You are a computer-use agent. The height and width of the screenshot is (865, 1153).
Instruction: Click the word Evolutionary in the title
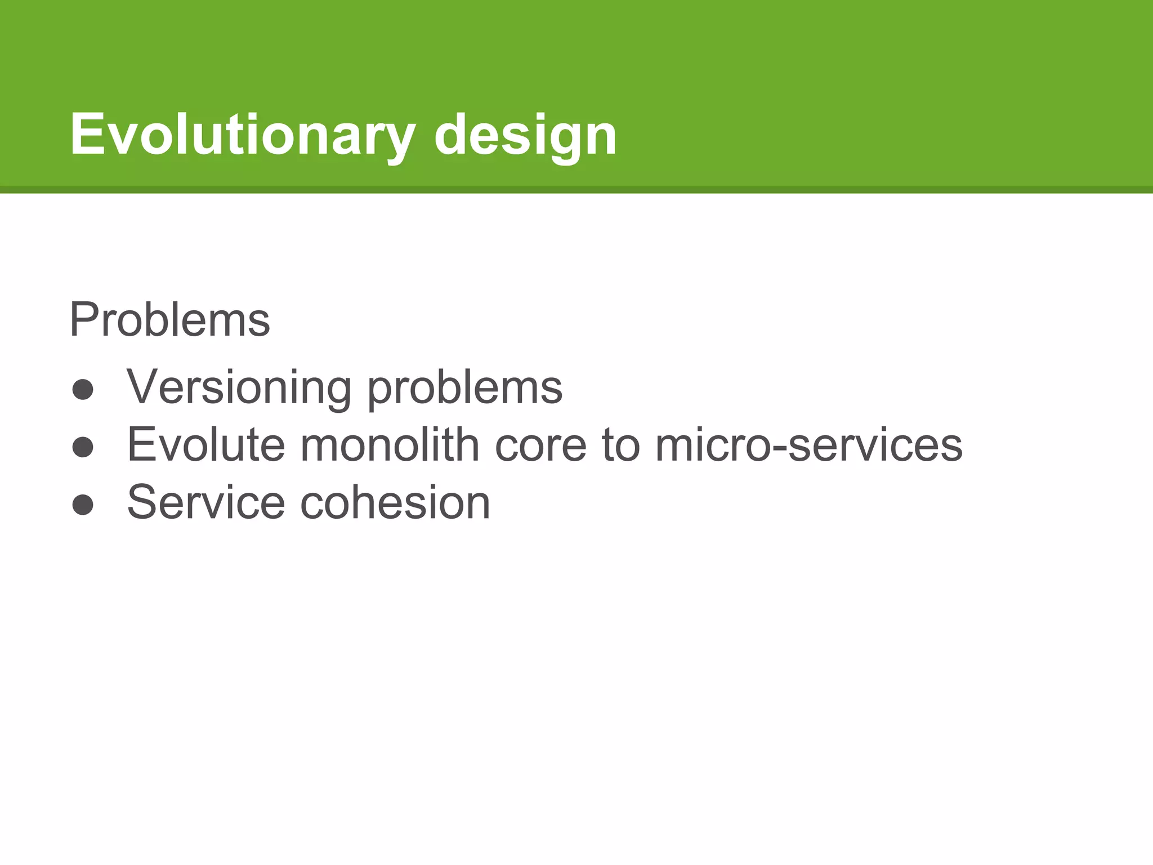[242, 135]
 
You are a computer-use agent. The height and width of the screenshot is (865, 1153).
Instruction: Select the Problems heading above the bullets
[169, 320]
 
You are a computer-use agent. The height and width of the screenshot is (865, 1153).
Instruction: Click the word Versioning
[239, 387]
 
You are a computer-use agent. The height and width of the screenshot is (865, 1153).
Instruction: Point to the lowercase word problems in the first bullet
[464, 389]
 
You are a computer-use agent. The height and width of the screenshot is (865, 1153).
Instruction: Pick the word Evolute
[205, 445]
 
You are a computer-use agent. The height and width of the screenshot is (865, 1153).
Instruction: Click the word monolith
[389, 445]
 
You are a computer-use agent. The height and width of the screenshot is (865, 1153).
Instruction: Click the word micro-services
[808, 445]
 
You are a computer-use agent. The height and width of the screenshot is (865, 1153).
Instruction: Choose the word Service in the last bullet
[206, 502]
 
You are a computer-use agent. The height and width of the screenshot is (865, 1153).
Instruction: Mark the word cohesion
[395, 502]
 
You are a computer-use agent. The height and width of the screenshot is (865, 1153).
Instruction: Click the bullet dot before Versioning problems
[83, 390]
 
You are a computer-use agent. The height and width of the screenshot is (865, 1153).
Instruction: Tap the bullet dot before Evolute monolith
[83, 447]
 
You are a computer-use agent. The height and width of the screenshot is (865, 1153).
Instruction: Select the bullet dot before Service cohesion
[83, 505]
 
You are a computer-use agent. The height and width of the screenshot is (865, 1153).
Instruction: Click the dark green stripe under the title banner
[576, 190]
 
